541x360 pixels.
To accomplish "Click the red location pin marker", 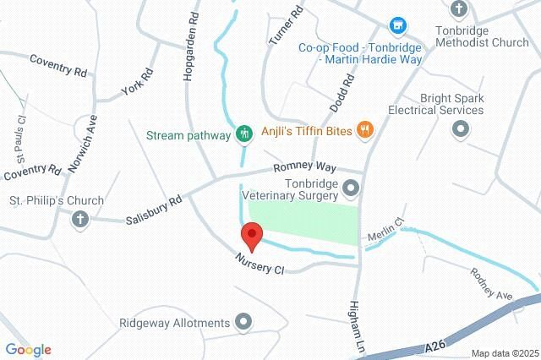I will [251, 235].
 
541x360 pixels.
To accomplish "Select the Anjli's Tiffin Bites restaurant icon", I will [364, 129].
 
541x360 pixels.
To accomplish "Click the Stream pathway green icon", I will [243, 133].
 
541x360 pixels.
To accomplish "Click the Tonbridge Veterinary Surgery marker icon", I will [352, 188].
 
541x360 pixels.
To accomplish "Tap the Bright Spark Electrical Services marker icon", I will [460, 129].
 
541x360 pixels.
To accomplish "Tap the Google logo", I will [28, 350].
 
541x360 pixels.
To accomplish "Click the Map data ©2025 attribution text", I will [503, 353].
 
